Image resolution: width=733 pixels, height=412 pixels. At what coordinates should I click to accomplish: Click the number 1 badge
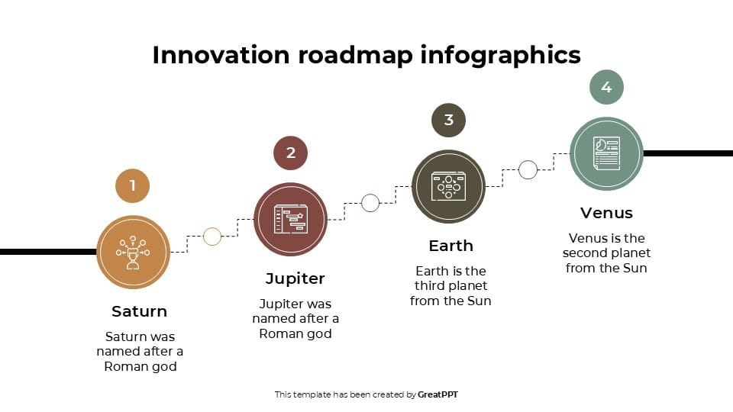(133, 185)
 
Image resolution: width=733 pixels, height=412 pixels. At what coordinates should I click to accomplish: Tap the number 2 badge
(291, 153)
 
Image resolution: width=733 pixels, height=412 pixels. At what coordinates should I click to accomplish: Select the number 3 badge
(449, 120)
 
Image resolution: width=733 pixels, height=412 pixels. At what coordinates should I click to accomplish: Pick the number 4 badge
(606, 88)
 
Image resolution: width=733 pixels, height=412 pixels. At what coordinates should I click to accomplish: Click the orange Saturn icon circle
(134, 252)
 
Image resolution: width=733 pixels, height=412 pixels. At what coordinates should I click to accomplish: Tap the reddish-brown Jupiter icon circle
(291, 219)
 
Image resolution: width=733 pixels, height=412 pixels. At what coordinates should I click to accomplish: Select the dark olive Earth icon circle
(449, 186)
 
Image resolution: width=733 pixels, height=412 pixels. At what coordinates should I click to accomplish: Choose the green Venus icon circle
(606, 153)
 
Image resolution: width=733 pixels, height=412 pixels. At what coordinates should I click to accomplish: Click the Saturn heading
(139, 311)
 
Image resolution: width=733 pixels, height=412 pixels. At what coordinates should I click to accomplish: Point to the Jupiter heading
(295, 278)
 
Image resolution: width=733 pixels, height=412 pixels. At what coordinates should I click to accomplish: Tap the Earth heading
(450, 246)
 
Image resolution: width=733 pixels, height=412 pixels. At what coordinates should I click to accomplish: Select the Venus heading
(606, 213)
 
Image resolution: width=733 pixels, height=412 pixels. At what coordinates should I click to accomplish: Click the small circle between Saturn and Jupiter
(212, 237)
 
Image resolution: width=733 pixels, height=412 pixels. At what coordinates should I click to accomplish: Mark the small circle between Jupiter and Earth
(370, 203)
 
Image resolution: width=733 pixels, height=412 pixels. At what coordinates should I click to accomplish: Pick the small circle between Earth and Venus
(528, 170)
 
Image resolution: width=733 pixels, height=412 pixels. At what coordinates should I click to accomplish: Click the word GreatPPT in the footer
(438, 394)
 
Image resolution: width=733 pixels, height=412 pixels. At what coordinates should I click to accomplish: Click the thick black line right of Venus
(687, 153)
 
